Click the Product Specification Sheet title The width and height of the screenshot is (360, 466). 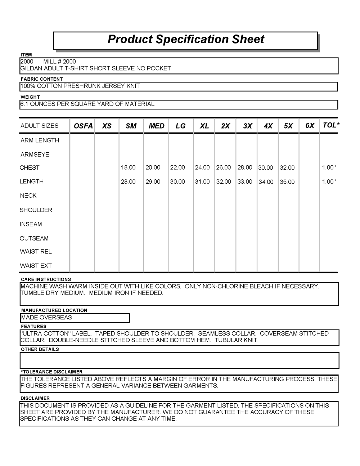click(186, 39)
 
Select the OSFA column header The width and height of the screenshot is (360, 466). click(83, 126)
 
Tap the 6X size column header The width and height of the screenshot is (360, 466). click(310, 125)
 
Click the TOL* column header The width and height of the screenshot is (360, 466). click(331, 125)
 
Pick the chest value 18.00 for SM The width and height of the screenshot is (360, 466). click(128, 167)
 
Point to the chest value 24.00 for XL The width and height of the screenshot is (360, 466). click(202, 167)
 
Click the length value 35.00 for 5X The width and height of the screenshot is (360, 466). click(287, 182)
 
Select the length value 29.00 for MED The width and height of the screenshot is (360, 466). click(153, 182)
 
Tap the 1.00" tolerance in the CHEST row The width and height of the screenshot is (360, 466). click(329, 167)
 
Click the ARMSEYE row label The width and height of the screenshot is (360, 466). click(35, 154)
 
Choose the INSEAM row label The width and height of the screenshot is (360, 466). click(31, 224)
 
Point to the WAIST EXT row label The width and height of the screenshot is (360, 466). click(36, 266)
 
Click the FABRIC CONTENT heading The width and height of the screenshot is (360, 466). click(42, 79)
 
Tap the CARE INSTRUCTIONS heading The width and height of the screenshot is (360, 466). click(46, 279)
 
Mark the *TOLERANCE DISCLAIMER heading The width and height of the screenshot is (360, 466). click(52, 372)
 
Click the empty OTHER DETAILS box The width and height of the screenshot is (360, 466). click(179, 360)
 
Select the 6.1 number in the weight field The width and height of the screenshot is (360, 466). click(24, 104)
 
